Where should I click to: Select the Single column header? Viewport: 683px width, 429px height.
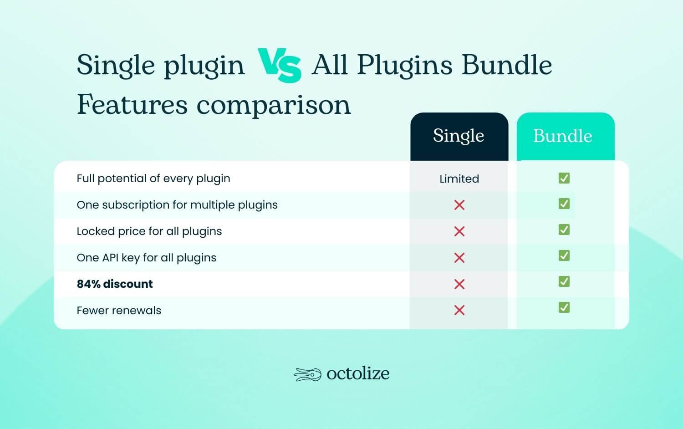click(459, 136)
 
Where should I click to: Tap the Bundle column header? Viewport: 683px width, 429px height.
click(563, 136)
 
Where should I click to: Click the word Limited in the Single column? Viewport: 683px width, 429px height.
click(459, 179)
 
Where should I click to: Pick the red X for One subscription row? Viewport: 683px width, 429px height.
click(459, 205)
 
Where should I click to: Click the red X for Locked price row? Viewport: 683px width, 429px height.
click(459, 231)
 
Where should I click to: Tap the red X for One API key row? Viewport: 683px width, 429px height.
click(459, 258)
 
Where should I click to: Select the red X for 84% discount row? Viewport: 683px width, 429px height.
click(459, 284)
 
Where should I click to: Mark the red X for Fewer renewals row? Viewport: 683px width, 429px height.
click(459, 310)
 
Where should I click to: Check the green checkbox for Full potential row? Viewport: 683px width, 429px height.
click(564, 178)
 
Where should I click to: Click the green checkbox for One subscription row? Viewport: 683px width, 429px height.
click(564, 204)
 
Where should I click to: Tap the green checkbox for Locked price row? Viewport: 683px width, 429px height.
click(564, 230)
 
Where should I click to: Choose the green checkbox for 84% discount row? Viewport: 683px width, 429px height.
click(564, 281)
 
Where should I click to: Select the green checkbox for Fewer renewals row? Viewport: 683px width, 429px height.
click(564, 308)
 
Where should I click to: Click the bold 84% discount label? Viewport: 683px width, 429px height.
click(115, 284)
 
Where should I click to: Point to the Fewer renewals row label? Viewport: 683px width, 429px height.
click(119, 311)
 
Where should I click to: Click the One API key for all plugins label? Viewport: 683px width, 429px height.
click(146, 258)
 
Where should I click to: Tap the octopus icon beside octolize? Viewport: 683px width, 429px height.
click(308, 374)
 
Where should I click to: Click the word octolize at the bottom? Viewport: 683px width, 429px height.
click(358, 374)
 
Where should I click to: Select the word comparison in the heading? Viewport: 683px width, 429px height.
click(274, 105)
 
